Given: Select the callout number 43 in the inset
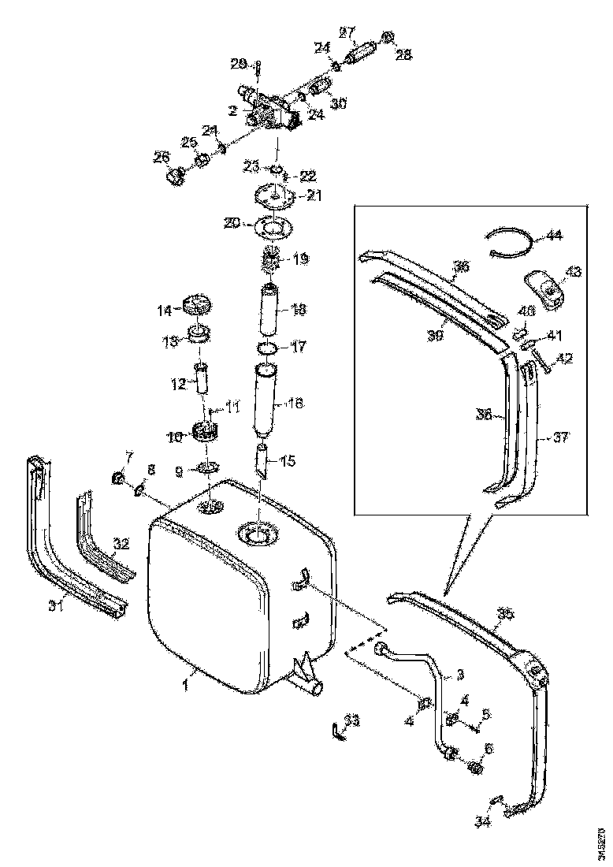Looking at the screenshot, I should [x=574, y=271].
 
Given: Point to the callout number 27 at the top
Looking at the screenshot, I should [x=347, y=32].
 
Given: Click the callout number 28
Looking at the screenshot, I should [x=403, y=54].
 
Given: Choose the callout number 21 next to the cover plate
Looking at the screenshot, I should [x=314, y=195].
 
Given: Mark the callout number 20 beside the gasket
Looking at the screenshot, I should [x=231, y=224].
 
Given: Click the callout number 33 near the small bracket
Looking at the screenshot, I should [x=351, y=720].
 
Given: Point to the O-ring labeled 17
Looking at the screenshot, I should [x=267, y=347].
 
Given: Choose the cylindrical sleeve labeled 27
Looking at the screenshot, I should [x=361, y=55].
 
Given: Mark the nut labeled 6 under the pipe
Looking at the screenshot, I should [x=475, y=766].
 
